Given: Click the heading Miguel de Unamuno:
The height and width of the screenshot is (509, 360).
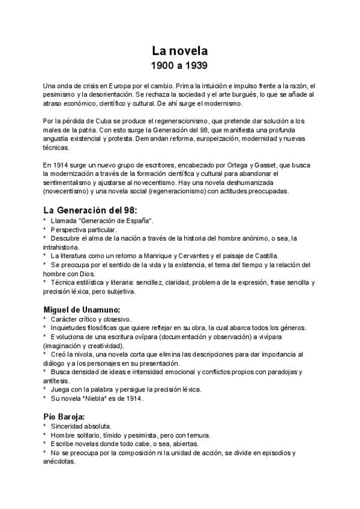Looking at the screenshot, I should pyautogui.click(x=83, y=308).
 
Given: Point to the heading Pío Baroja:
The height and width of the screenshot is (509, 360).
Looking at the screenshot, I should pyautogui.click(x=63, y=416).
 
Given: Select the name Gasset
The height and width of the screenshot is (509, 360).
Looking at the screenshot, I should pyautogui.click(x=274, y=164).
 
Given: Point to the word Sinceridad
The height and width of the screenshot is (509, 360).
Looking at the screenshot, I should pyautogui.click(x=70, y=426).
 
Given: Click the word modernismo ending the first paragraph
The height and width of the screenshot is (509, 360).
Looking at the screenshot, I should pyautogui.click(x=216, y=103).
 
